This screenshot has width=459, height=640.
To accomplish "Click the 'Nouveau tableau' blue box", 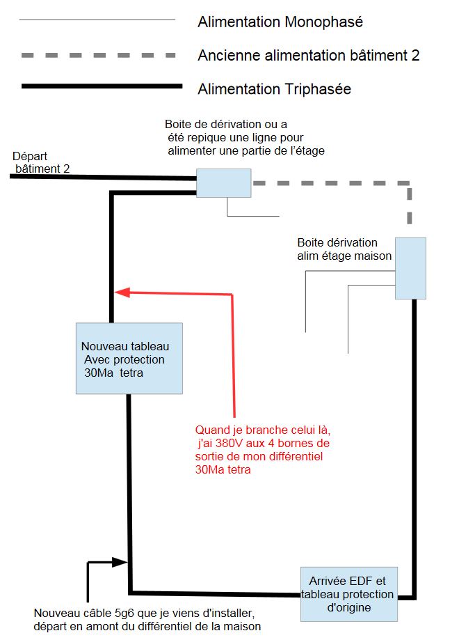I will pos(129,358).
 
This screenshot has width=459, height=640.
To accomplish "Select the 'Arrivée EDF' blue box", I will pos(348,593).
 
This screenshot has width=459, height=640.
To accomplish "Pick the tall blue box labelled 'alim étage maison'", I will pos(410,268).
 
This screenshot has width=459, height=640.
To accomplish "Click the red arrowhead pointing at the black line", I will pos(122,292).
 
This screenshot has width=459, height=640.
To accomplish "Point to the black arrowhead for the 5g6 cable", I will pos(123,561).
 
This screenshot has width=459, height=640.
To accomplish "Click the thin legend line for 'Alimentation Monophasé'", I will pos(97,21).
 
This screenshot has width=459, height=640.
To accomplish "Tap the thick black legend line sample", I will pos(97,88).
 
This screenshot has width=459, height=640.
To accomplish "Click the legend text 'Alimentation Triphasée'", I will pos(274,89).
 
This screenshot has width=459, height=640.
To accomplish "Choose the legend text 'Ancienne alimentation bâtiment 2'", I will pos(308,55).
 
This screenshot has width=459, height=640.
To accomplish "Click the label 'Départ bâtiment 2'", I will pos(40,162).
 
